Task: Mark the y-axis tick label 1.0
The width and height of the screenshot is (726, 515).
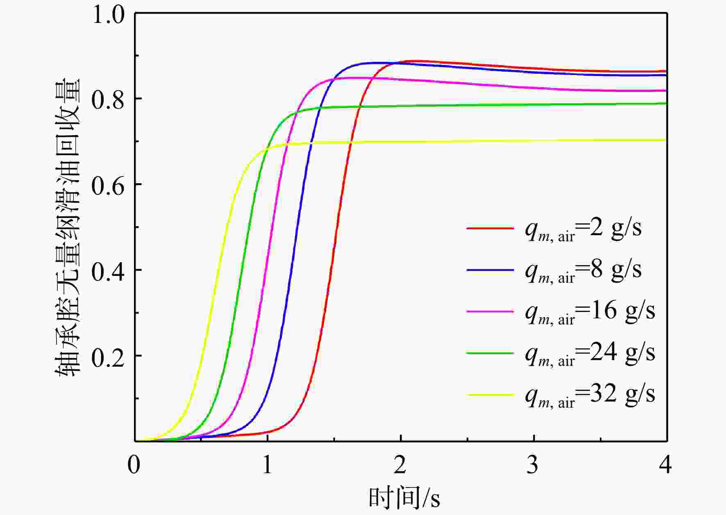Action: [x=108, y=16]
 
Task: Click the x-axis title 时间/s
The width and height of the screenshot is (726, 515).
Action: [x=404, y=498]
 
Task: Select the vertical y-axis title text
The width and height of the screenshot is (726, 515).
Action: [x=68, y=227]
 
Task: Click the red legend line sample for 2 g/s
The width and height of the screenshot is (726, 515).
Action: [x=490, y=228]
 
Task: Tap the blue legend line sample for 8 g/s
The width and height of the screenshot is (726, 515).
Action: [x=490, y=270]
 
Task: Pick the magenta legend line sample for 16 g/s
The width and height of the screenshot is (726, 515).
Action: [x=490, y=311]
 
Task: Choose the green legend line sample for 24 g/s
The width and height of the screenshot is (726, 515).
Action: [x=490, y=353]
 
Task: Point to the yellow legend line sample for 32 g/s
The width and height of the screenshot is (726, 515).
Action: [x=490, y=395]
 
